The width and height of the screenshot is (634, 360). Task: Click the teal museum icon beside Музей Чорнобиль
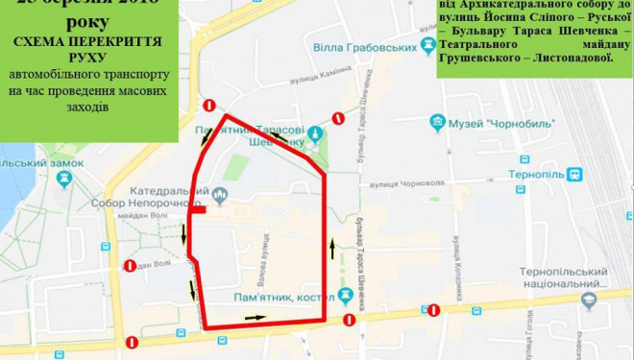click(438, 122)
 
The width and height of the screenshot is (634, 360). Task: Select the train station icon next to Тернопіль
click(574, 175)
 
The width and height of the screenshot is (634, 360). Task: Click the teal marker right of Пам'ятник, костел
click(341, 298)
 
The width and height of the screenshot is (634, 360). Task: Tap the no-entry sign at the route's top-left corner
click(209, 106)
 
